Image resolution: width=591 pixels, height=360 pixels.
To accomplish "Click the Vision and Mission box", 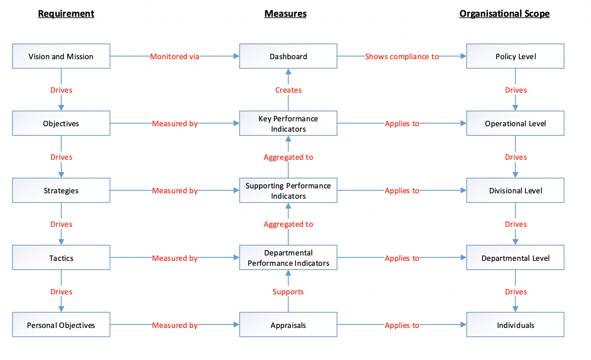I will coord(61,56).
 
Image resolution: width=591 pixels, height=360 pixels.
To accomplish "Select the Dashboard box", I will coord(288,56).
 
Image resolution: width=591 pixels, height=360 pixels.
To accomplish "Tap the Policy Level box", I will coord(515,56).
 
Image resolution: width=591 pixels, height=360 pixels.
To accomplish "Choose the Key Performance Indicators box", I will coord(288,123).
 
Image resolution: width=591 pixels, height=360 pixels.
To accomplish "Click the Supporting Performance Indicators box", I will coord(288,191).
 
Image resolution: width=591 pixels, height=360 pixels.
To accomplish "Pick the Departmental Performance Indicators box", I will coord(288,258).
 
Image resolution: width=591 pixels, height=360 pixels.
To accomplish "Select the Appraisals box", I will coord(288,325).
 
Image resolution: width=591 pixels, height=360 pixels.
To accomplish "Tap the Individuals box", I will coord(515,325).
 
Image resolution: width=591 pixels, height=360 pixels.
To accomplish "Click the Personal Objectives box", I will coord(61,325).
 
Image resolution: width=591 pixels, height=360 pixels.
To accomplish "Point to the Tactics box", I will coord(61,258).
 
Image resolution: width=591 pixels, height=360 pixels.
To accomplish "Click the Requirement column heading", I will coord(66,14).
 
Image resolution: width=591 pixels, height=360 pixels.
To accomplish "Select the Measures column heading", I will coord(285,14).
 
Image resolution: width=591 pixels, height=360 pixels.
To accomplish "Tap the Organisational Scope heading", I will coord(504,14).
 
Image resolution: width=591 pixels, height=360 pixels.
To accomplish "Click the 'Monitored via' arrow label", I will coord(175,56).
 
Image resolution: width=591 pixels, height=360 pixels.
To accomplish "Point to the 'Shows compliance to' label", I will coord(402,56).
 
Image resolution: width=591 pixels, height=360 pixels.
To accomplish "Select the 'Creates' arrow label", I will coord(288,90).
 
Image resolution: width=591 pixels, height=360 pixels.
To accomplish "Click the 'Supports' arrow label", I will coord(288,291).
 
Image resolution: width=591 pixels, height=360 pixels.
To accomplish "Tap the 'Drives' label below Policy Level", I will coord(516,90).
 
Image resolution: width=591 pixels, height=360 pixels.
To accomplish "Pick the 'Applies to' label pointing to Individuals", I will coord(402,325).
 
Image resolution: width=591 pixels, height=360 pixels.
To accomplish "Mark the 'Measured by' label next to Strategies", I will coord(175,191).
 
